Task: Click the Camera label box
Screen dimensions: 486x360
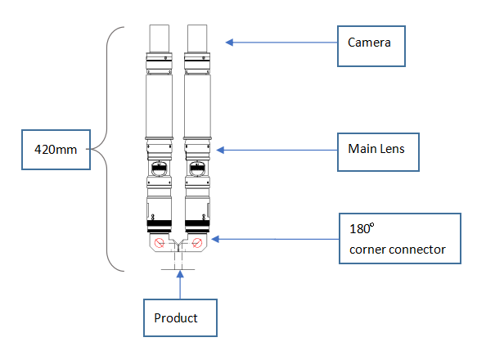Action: pyautogui.click(x=371, y=46)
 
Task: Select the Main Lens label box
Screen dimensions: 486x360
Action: pyautogui.click(x=378, y=152)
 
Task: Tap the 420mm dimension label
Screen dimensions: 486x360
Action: pyautogui.click(x=56, y=150)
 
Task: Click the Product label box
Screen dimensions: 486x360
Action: pyautogui.click(x=180, y=317)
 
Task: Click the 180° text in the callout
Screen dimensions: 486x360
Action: pyautogui.click(x=362, y=228)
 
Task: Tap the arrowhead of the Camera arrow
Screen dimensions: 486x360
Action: pyautogui.click(x=229, y=43)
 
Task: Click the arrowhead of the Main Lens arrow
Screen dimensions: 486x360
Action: pyautogui.click(x=220, y=151)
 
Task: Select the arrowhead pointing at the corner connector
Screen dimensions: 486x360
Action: pyautogui.click(x=215, y=239)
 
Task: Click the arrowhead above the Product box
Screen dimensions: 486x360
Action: pyautogui.click(x=180, y=274)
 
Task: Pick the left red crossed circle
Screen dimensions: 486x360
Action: pyautogui.click(x=160, y=243)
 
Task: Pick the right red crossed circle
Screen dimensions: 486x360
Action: pyautogui.click(x=197, y=243)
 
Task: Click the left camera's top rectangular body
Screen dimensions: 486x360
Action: pyautogui.click(x=160, y=38)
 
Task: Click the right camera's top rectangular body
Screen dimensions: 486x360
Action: pyautogui.click(x=197, y=38)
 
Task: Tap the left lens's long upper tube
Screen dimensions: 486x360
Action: pyautogui.click(x=159, y=106)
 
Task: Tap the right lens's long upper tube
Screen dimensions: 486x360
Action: pyautogui.click(x=197, y=106)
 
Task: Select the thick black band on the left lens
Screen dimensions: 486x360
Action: pyautogui.click(x=159, y=223)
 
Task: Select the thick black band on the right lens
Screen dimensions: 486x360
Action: pyautogui.click(x=197, y=223)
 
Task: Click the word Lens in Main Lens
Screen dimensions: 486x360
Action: pyautogui.click(x=393, y=149)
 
